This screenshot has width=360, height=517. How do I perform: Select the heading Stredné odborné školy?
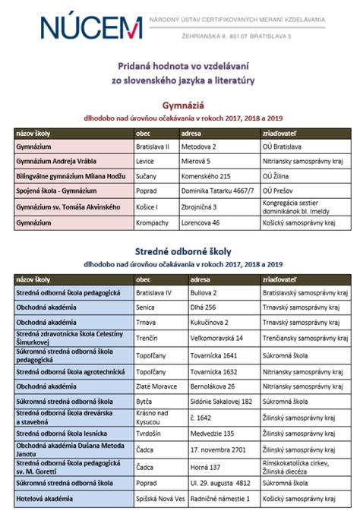(x=180, y=251)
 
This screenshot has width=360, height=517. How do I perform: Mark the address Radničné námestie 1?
(x=219, y=499)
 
